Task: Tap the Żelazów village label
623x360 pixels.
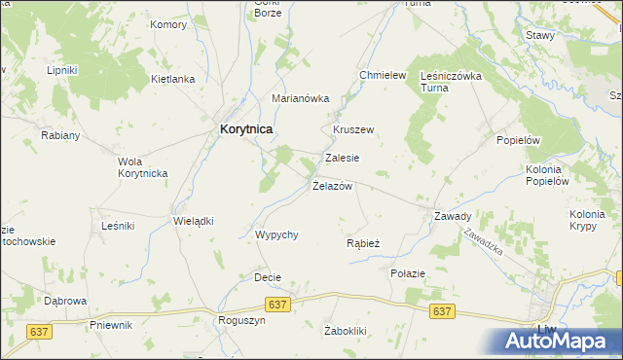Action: pos(332,186)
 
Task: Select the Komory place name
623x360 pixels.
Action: pos(168,24)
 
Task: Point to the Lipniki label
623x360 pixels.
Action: pos(61,71)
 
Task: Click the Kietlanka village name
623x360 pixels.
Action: pos(173,79)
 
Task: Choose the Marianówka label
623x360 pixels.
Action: pos(301,98)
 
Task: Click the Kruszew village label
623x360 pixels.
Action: pos(353,129)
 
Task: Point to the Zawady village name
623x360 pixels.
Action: pos(453,216)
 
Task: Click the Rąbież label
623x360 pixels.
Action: pos(363,243)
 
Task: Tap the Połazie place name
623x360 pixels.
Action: pos(408,273)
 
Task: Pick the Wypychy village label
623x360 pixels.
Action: pos(275,234)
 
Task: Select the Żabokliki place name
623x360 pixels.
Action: pos(345,331)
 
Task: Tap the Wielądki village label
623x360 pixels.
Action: pos(193,221)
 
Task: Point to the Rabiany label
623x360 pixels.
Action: pos(60,135)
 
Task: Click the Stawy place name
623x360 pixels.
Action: pos(539,35)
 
